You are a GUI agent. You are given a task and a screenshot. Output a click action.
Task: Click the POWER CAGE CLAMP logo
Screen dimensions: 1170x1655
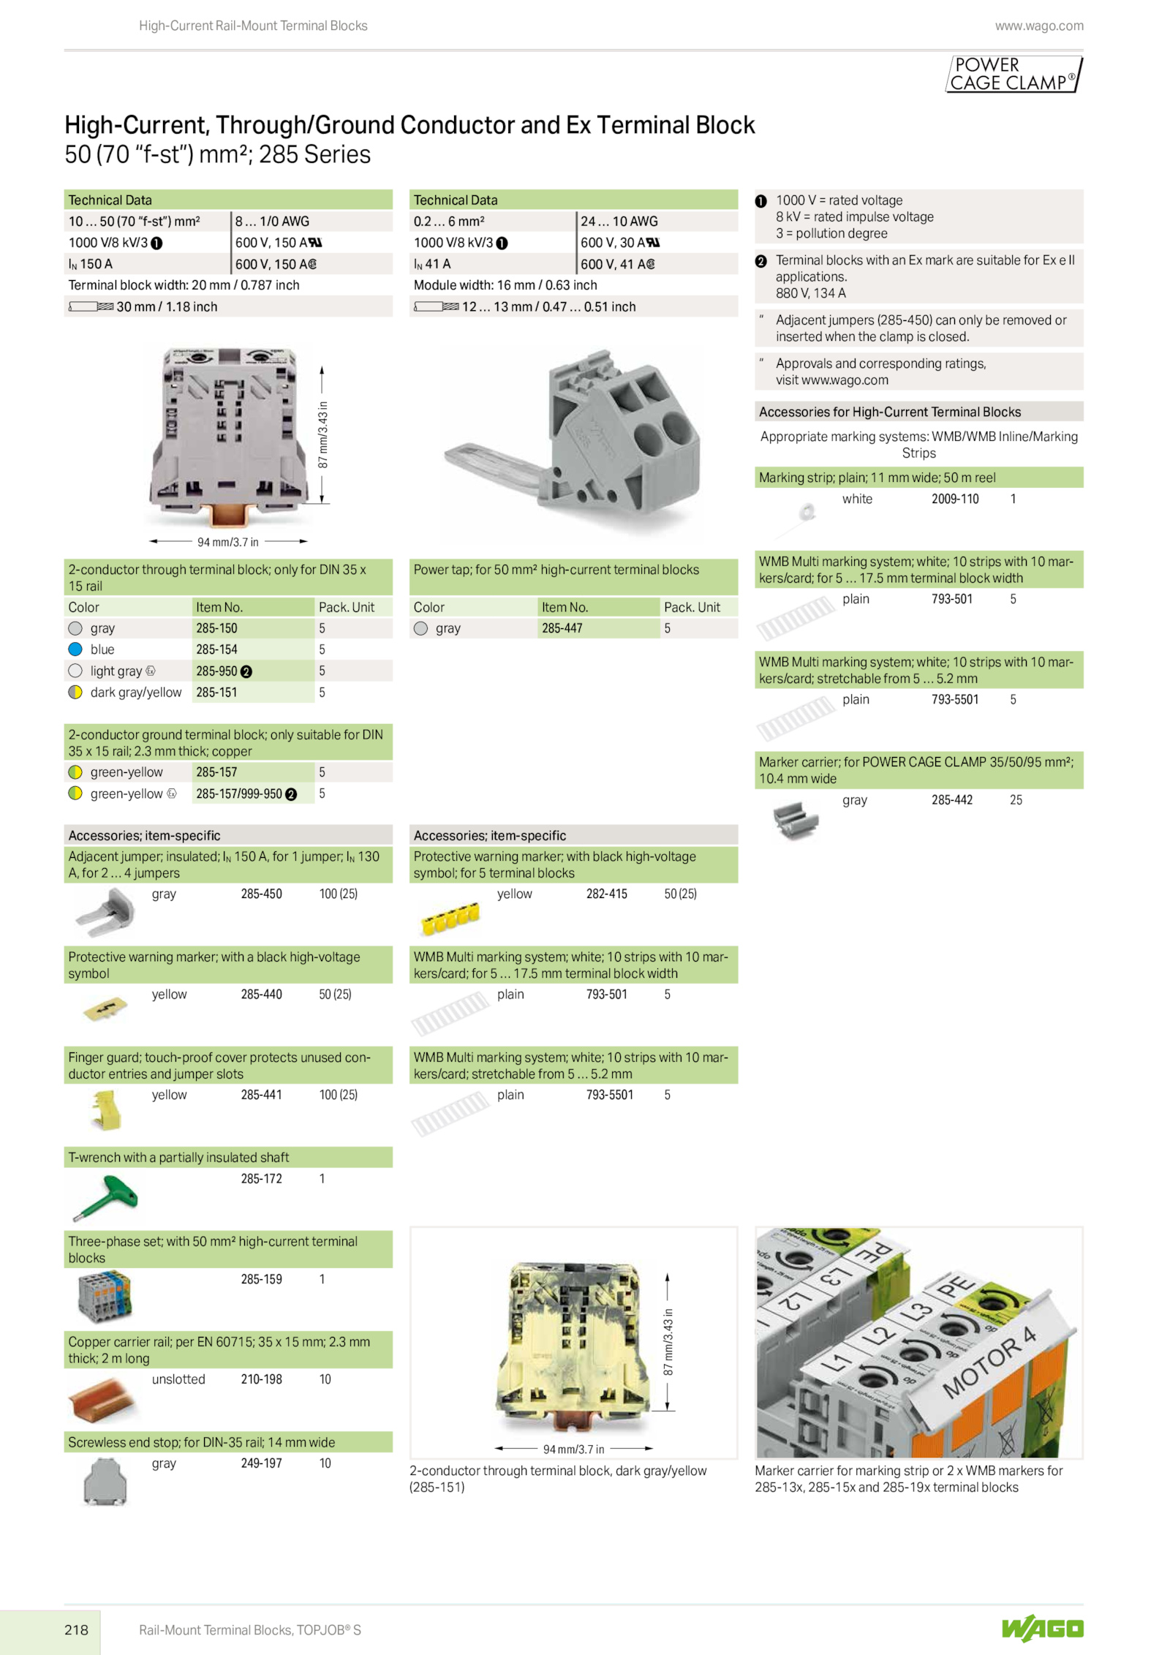[x=1014, y=74]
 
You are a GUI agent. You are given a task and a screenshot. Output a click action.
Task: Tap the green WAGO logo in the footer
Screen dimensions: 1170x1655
[x=1042, y=1628]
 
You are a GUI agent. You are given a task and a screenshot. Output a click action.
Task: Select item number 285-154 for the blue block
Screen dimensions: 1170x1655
[x=216, y=649]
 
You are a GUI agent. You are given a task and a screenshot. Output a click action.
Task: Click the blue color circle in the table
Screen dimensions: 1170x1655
[x=75, y=649]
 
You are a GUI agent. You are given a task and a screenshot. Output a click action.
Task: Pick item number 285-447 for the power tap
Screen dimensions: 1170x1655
[x=562, y=628]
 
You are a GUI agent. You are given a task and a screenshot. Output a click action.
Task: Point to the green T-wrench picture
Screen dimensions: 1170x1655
[x=105, y=1197]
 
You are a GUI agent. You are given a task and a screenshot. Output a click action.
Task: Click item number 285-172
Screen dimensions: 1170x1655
[x=261, y=1179]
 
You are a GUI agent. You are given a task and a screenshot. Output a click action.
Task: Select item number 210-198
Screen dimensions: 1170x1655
[x=261, y=1379]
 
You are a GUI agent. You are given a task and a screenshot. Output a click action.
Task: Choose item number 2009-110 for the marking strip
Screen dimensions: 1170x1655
[x=954, y=499]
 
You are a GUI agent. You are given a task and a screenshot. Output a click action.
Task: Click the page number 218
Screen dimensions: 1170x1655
[x=76, y=1629]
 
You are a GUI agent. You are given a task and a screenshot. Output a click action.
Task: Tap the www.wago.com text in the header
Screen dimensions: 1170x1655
[x=1039, y=26]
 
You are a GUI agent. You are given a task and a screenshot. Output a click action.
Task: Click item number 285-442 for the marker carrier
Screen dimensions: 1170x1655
[x=951, y=800]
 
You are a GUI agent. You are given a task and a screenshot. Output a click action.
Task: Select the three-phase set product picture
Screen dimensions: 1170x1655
[x=105, y=1297]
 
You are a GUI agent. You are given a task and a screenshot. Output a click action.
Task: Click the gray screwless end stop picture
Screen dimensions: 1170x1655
[x=105, y=1482]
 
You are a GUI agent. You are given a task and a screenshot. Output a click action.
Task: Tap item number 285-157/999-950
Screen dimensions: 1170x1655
[x=238, y=794]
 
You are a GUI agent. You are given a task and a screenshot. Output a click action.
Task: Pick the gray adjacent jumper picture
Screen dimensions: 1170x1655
[x=105, y=912]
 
